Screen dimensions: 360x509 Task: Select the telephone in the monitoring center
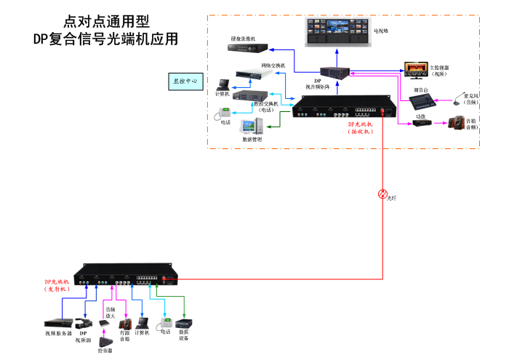tap(226, 113)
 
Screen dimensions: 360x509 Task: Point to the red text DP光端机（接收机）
tap(361, 128)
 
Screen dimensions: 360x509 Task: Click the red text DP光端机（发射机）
tap(57, 284)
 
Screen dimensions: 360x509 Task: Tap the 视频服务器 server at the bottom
tap(58, 321)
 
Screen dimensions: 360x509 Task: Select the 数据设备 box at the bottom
tap(183, 324)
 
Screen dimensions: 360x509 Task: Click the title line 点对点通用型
tap(108, 21)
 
